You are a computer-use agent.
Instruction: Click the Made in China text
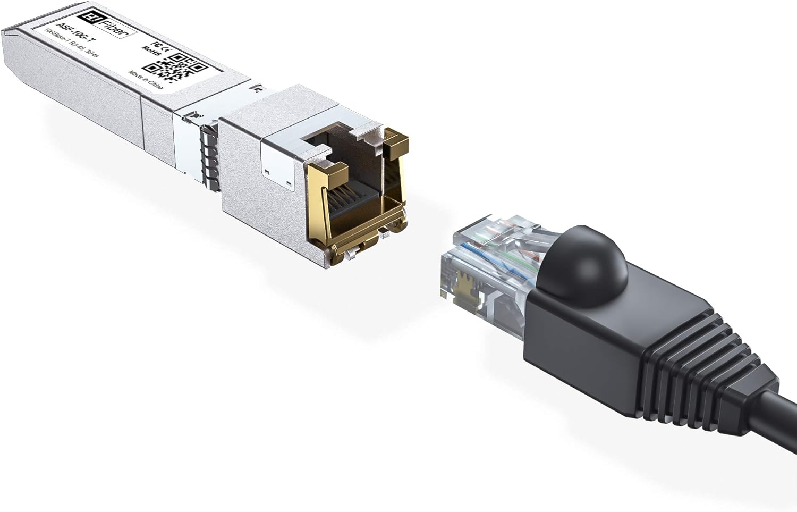(139, 80)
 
